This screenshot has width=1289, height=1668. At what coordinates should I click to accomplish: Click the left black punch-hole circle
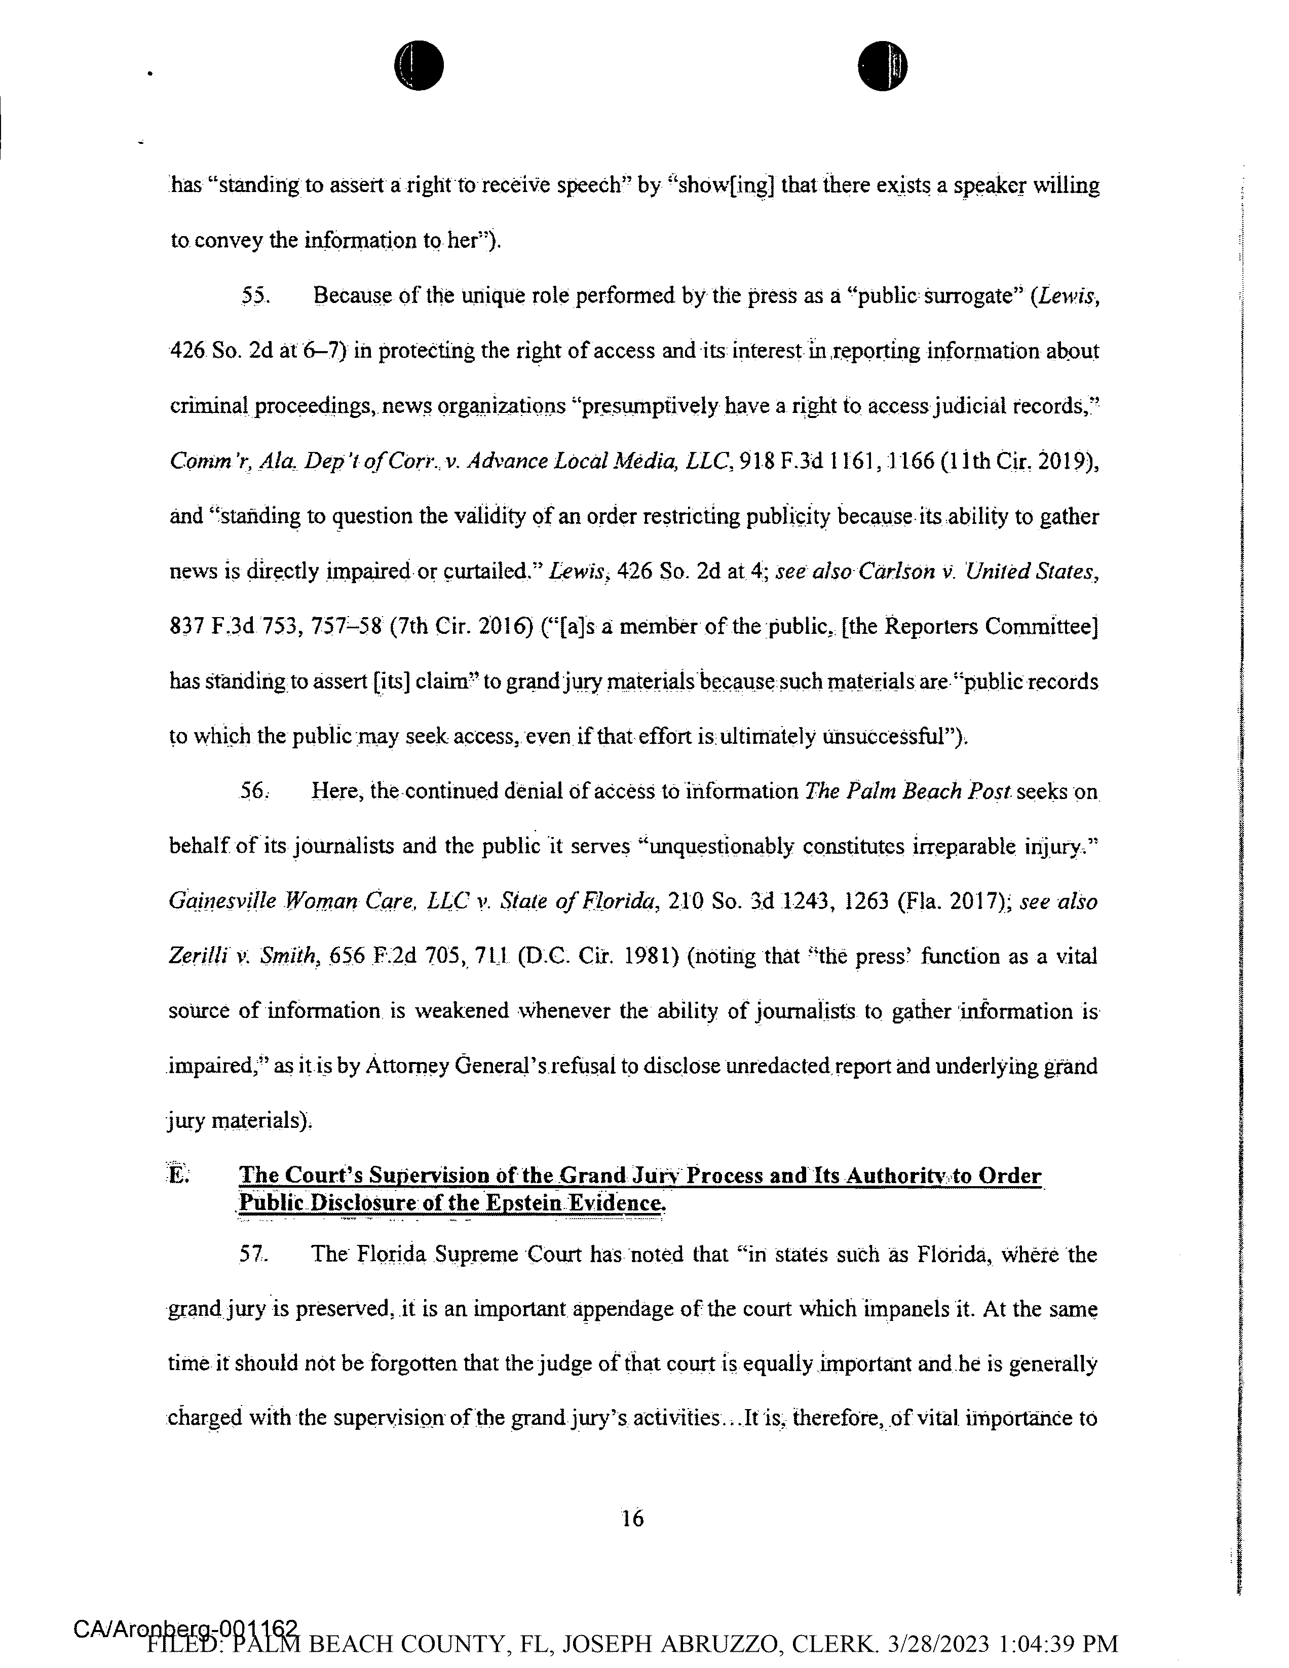(419, 65)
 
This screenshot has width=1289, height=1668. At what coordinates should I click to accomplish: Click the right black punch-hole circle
(882, 65)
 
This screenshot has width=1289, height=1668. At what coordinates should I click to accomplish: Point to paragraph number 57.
(253, 1254)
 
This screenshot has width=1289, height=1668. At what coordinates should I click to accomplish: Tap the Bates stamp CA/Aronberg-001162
(185, 1628)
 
